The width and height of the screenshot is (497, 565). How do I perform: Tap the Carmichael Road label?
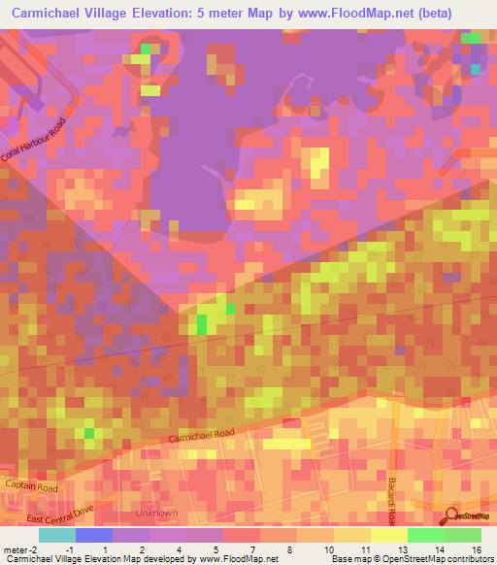(x=201, y=436)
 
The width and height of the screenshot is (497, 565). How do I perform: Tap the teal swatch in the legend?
(x=56, y=535)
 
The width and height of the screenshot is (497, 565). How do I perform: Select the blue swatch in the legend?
(x=93, y=535)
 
